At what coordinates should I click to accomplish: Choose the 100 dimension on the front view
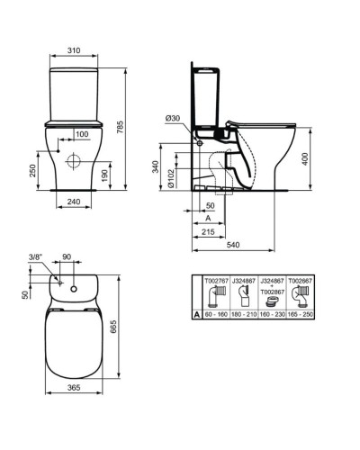pos(82,134)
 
